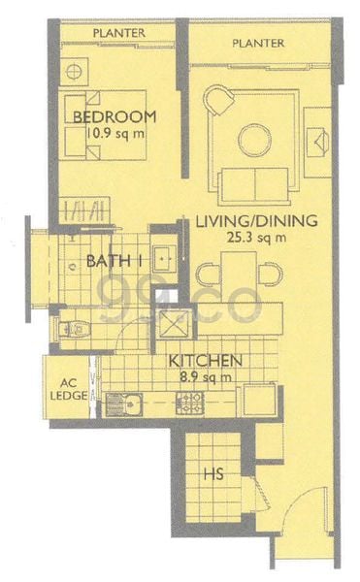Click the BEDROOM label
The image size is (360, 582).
(x=115, y=116)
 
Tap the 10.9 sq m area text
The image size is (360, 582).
(x=115, y=133)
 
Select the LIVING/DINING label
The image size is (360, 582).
(x=256, y=221)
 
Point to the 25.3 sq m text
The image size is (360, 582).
(x=256, y=238)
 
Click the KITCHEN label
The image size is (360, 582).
(x=204, y=361)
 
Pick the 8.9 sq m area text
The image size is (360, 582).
(x=205, y=376)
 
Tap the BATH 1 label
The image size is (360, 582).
(x=115, y=261)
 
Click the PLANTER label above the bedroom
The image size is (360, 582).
(x=119, y=33)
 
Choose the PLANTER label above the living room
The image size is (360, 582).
(x=259, y=44)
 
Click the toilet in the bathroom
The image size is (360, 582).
(x=73, y=329)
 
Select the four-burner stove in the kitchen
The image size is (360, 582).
(x=188, y=402)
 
